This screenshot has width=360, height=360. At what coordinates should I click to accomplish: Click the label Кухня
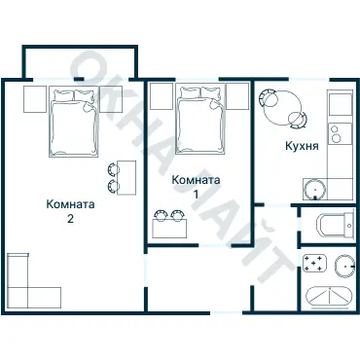pyautogui.click(x=302, y=146)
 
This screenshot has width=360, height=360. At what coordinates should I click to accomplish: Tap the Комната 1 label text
pyautogui.click(x=196, y=186)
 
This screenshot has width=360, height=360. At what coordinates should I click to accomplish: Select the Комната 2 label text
pyautogui.click(x=70, y=211)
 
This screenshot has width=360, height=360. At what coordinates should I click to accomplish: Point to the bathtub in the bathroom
pyautogui.click(x=329, y=297)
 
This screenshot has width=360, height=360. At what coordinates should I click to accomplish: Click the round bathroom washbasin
pyautogui.click(x=344, y=266)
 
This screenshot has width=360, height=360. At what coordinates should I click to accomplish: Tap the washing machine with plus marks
pyautogui.click(x=314, y=263)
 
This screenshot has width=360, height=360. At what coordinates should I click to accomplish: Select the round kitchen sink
pyautogui.click(x=314, y=189)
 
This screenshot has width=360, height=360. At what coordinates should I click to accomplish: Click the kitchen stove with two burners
pyautogui.click(x=340, y=133)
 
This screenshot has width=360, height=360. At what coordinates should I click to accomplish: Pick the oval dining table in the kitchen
pyautogui.click(x=283, y=108)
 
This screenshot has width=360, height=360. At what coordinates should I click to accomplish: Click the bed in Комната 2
pyautogui.click(x=73, y=122)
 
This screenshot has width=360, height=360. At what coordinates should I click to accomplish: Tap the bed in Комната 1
pyautogui.click(x=200, y=119)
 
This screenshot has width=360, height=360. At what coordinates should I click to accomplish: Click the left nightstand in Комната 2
pyautogui.click(x=35, y=99)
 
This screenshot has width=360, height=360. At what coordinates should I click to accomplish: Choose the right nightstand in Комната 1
pyautogui.click(x=237, y=96)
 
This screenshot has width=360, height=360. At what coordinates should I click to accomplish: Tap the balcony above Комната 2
pyautogui.click(x=80, y=62)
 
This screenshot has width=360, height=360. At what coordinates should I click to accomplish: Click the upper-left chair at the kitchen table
pyautogui.click(x=267, y=96)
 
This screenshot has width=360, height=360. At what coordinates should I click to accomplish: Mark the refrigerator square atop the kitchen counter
pyautogui.click(x=340, y=104)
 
